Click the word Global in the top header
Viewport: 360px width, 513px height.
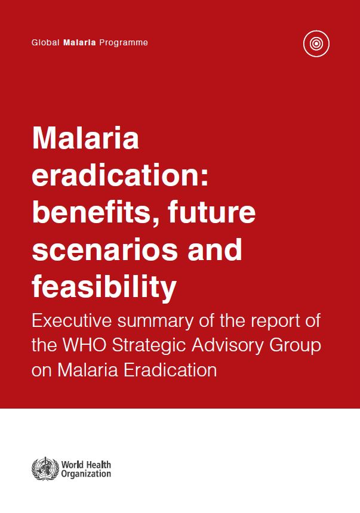pyautogui.click(x=45, y=42)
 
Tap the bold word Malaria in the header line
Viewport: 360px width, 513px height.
pyautogui.click(x=79, y=42)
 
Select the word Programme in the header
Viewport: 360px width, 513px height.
pyautogui.click(x=124, y=43)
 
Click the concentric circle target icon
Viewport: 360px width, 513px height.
pyautogui.click(x=316, y=44)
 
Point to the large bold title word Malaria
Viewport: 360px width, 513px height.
pyautogui.click(x=85, y=138)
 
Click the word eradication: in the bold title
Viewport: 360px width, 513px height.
pyautogui.click(x=120, y=175)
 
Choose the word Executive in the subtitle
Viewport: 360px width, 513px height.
pyautogui.click(x=72, y=321)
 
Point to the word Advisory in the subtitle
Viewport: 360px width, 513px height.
pyautogui.click(x=227, y=347)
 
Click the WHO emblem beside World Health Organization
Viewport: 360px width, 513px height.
pyautogui.click(x=45, y=468)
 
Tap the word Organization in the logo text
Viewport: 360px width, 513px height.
pyautogui.click(x=86, y=474)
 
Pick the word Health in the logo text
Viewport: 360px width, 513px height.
pyautogui.click(x=98, y=465)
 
